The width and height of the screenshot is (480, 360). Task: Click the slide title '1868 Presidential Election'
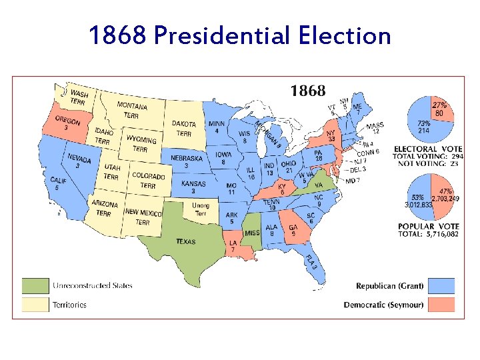pyautogui.click(x=240, y=35)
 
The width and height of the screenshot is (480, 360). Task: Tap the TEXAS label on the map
pyautogui.click(x=185, y=241)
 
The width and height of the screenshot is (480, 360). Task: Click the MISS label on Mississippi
pyautogui.click(x=251, y=233)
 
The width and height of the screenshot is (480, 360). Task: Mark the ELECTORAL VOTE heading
pyautogui.click(x=425, y=148)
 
